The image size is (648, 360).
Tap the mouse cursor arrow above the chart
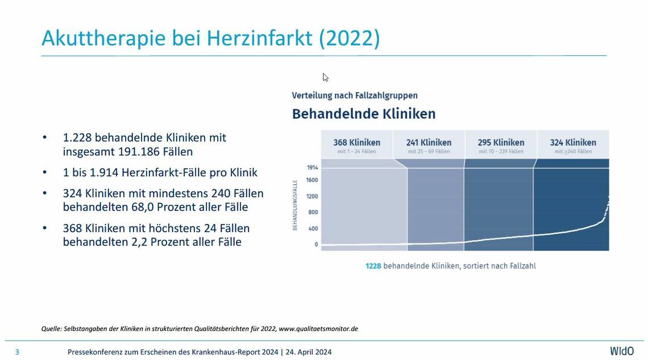pyautogui.click(x=325, y=77)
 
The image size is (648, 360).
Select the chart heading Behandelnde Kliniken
pyautogui.click(x=364, y=114)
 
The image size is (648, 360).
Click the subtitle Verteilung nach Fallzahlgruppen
pyautogui.click(x=355, y=96)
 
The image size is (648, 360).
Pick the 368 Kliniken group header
pyautogui.click(x=356, y=142)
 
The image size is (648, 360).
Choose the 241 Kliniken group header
pyautogui.click(x=429, y=142)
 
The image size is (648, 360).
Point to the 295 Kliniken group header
pyautogui.click(x=501, y=142)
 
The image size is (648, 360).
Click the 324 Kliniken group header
pyautogui.click(x=573, y=142)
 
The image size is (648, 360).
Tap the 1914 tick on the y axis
pyautogui.click(x=312, y=168)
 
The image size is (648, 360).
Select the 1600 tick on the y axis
pyautogui.click(x=312, y=180)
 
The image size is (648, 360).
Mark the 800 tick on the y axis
pyautogui.click(x=313, y=212)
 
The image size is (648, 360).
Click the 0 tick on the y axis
pyautogui.click(x=316, y=245)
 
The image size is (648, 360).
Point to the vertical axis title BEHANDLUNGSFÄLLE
pyautogui.click(x=296, y=204)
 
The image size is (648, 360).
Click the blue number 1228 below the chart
pyautogui.click(x=373, y=266)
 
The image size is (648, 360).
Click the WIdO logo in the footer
pyautogui.click(x=621, y=351)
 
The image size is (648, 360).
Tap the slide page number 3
pyautogui.click(x=17, y=352)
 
